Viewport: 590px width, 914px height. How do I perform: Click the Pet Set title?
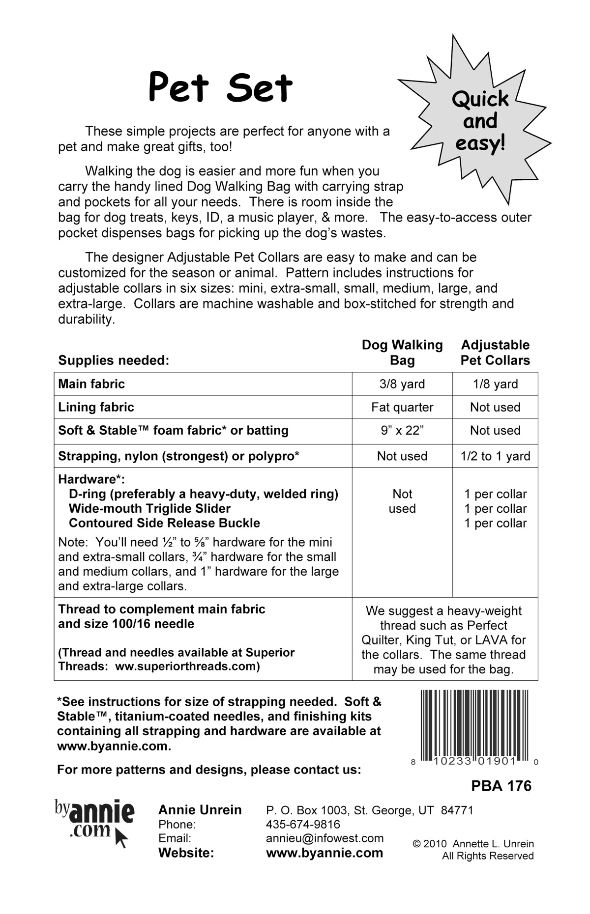click(x=220, y=87)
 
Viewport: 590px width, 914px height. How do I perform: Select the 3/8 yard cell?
click(x=402, y=384)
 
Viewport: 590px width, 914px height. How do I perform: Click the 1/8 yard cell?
click(x=495, y=384)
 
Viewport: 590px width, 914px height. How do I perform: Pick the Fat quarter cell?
click(x=402, y=407)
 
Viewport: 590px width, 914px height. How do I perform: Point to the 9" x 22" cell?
click(x=402, y=431)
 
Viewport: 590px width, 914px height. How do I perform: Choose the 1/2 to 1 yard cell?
click(x=495, y=456)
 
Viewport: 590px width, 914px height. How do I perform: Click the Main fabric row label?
click(x=91, y=384)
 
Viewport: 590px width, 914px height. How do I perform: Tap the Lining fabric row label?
click(x=96, y=407)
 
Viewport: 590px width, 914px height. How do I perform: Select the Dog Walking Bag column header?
click(x=402, y=353)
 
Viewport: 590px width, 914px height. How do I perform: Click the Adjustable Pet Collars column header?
click(x=495, y=353)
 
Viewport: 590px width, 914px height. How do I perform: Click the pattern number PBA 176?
click(x=501, y=786)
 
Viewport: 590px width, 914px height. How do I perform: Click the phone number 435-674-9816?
click(x=303, y=824)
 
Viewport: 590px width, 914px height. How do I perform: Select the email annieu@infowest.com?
click(x=324, y=838)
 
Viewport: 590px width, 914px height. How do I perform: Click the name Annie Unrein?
click(x=200, y=810)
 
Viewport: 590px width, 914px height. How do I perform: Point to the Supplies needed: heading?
click(x=114, y=360)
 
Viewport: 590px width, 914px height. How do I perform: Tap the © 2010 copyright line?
click(x=473, y=844)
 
